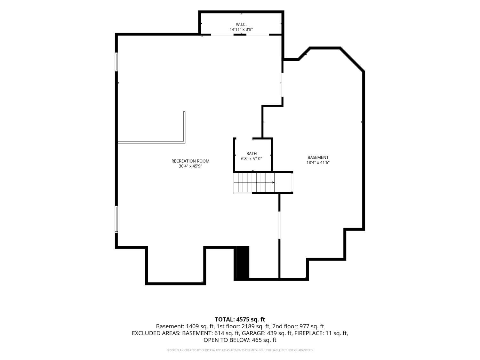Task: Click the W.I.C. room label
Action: [241, 25]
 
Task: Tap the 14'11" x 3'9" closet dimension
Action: [241, 29]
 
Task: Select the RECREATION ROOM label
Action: [190, 161]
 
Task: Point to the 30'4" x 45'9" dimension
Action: [190, 166]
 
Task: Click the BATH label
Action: [252, 154]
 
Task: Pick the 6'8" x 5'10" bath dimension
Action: [252, 159]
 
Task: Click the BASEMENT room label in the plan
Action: [318, 157]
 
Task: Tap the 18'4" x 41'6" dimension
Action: [318, 163]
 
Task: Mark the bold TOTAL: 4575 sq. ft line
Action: [240, 320]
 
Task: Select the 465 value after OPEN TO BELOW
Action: [257, 340]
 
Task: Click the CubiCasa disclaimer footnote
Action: [240, 350]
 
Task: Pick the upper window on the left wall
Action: [116, 62]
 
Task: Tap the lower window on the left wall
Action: [116, 219]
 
